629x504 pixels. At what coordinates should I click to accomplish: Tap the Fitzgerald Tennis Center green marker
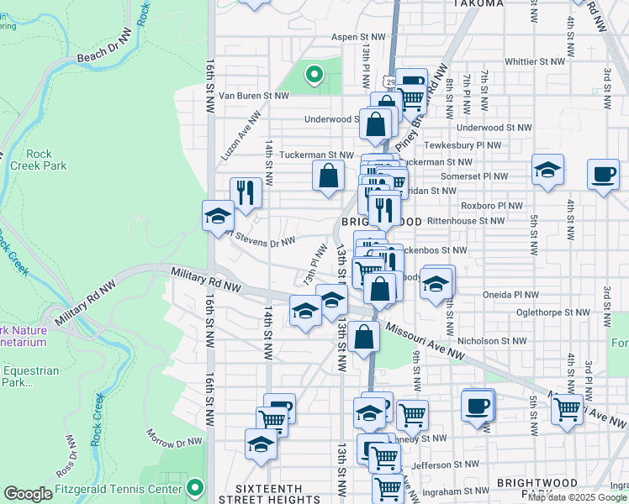coord(195,487)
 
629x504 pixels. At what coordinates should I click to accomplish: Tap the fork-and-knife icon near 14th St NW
coord(246,192)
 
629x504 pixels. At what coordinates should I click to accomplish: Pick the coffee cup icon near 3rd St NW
coord(603,174)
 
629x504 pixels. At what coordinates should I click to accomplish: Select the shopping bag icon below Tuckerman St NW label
coord(328,176)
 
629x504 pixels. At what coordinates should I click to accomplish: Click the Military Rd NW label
coord(205,281)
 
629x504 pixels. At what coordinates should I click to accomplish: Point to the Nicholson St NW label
coord(492,341)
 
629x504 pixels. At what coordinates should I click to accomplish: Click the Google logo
coord(28,494)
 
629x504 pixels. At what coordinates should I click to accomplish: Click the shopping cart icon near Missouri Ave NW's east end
coord(568,410)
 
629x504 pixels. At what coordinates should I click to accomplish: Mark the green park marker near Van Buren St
coord(314,76)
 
